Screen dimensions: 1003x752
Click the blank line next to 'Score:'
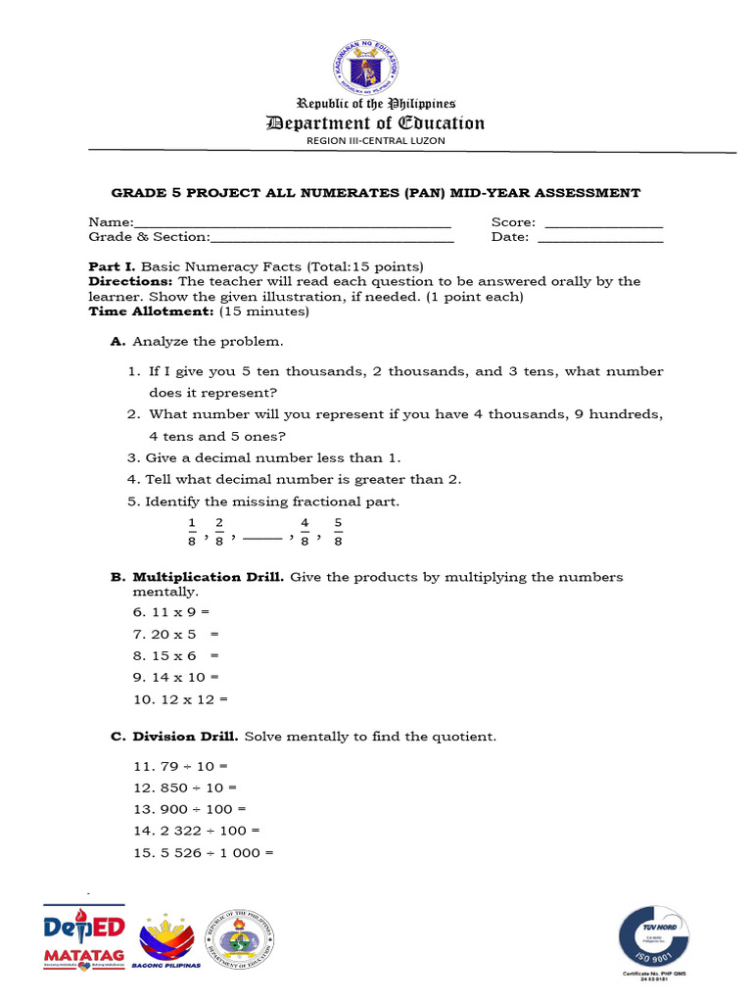coord(603,225)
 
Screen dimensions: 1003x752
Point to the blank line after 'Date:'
coord(600,239)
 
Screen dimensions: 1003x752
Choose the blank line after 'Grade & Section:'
coord(332,239)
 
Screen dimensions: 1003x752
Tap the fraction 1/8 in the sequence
coord(192,531)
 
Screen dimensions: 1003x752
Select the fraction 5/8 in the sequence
coord(338,531)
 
